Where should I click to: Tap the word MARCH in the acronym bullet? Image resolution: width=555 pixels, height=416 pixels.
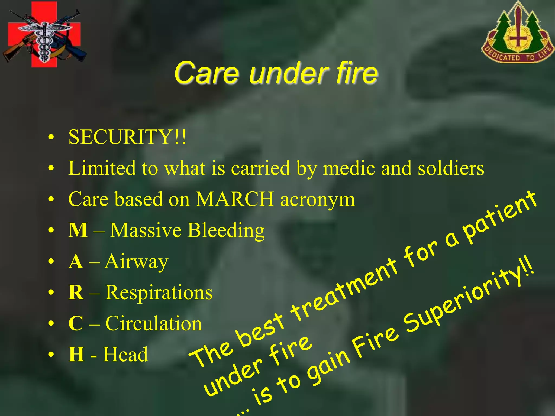[235, 199]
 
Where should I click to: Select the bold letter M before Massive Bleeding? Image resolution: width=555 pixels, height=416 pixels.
[78, 230]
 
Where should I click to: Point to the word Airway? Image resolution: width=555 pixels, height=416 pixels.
[137, 262]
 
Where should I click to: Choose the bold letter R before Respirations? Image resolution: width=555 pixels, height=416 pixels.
[76, 292]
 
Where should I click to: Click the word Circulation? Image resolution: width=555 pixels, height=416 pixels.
[154, 323]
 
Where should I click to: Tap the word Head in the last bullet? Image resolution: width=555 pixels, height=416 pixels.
[126, 354]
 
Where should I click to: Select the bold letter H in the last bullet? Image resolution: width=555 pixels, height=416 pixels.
[76, 354]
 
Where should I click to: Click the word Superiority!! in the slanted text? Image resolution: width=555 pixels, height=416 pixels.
[469, 303]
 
